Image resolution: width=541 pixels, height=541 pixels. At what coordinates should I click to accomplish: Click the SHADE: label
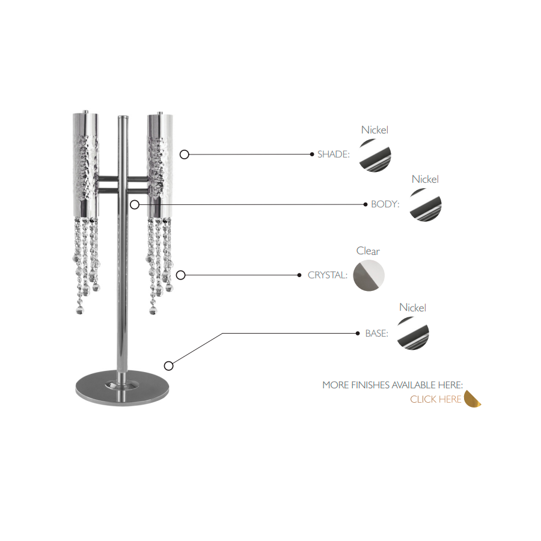coord(333,154)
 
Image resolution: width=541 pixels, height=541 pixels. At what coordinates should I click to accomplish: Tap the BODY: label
coord(385,204)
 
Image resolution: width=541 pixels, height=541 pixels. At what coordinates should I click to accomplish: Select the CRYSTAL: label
coord(328,275)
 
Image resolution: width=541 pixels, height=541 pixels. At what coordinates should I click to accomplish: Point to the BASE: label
coord(377,333)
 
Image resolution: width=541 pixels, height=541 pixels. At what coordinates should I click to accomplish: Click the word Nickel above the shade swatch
coord(374,130)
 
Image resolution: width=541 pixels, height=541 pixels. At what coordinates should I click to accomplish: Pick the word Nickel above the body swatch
coord(425,179)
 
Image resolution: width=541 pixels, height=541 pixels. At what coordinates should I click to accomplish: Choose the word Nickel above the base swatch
coord(412,307)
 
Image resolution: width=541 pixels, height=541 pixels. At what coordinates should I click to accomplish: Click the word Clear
coord(368,251)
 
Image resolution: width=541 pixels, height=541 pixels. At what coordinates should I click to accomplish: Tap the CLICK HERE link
coord(436,399)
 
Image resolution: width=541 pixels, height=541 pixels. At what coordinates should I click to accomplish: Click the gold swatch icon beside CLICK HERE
coord(472,399)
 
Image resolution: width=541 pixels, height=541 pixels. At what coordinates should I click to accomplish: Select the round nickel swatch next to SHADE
coord(375,155)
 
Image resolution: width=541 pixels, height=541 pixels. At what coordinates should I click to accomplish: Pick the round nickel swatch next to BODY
coord(426,205)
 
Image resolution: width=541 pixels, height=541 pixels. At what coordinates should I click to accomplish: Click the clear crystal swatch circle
coord(369,275)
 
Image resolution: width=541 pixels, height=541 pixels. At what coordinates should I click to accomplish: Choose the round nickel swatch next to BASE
coord(413,333)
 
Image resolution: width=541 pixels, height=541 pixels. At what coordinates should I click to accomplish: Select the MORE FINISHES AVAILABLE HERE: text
coord(393,385)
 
